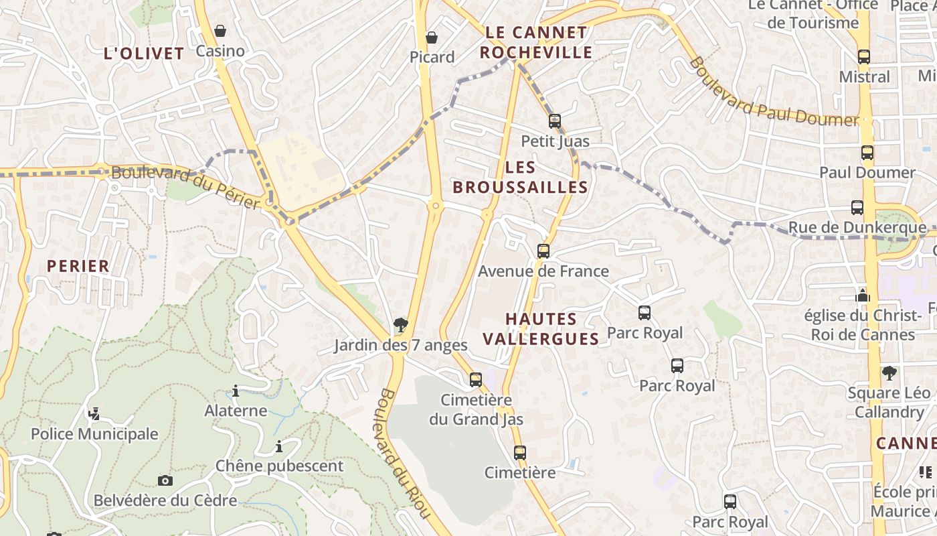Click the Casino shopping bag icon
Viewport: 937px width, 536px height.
click(220, 31)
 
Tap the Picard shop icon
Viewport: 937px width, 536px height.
click(432, 38)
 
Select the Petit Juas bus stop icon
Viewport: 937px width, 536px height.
click(555, 121)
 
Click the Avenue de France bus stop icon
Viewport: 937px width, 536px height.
click(543, 251)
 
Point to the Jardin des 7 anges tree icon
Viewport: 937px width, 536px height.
click(401, 326)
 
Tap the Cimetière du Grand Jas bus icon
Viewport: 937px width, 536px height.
click(476, 380)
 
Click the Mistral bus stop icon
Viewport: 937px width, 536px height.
click(864, 57)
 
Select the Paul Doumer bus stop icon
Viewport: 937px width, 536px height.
click(867, 153)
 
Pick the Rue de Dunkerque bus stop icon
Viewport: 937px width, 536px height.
click(857, 208)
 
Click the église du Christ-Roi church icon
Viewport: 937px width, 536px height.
click(863, 295)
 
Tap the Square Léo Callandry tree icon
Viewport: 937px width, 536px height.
click(889, 373)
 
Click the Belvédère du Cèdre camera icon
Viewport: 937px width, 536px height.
click(165, 480)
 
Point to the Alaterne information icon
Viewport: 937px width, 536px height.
click(236, 391)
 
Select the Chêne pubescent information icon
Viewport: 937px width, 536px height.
click(279, 446)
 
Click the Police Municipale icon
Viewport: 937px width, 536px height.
click(94, 414)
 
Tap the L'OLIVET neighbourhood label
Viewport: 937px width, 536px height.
click(144, 54)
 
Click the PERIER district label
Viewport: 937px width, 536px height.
click(78, 266)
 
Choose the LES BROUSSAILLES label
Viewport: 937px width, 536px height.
click(520, 177)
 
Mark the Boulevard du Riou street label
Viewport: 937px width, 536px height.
click(404, 453)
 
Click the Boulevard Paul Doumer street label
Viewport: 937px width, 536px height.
click(773, 92)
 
